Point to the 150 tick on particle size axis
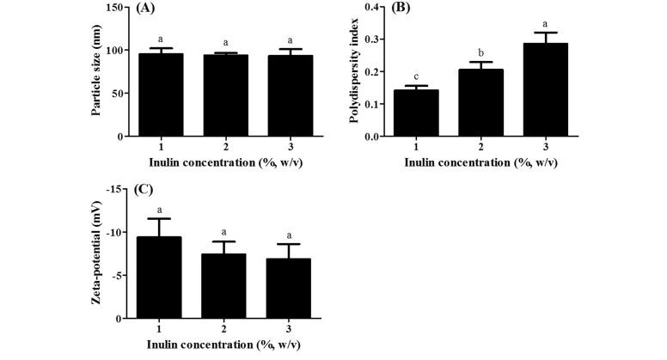tap(114, 8)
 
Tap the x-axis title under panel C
tap(224, 350)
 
